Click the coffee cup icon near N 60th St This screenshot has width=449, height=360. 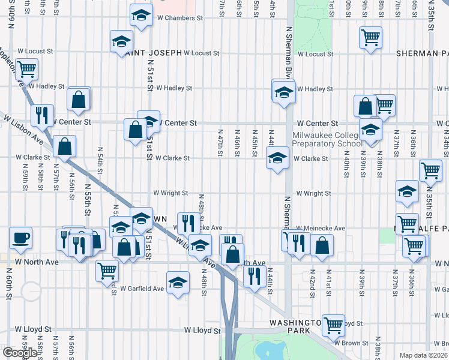21,238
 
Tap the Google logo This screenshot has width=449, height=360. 20,353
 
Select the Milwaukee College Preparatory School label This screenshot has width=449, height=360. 327,139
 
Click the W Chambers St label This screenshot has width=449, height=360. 180,18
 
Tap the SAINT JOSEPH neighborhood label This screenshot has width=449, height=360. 153,53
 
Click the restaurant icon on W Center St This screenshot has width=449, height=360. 42,115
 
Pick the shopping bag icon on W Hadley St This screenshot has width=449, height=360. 79,99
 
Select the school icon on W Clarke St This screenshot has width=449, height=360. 277,159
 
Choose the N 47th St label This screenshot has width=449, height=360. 220,143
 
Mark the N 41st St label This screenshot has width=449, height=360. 329,283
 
